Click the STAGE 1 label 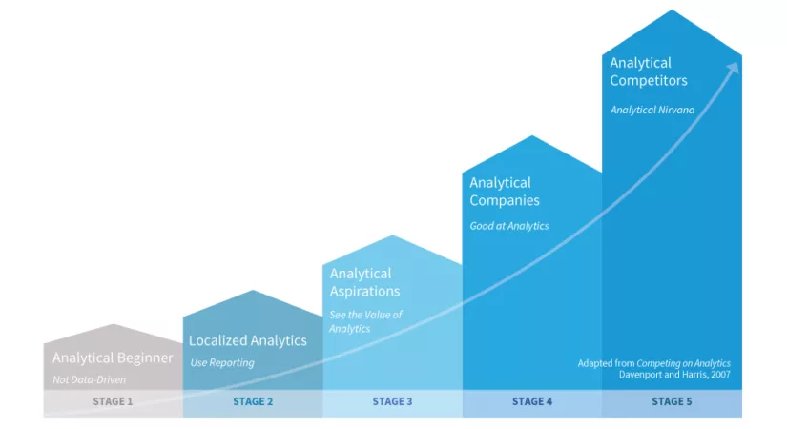pyautogui.click(x=113, y=402)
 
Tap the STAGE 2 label pyautogui.click(x=253, y=402)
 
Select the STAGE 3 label pyautogui.click(x=392, y=402)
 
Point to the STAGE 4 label pyautogui.click(x=532, y=402)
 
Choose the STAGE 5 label pyautogui.click(x=672, y=402)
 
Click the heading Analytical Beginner pyautogui.click(x=113, y=358)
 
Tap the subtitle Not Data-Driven pyautogui.click(x=89, y=380)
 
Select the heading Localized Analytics pyautogui.click(x=248, y=340)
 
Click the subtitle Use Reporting pyautogui.click(x=221, y=362)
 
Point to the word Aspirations pyautogui.click(x=364, y=292)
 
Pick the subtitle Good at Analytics pyautogui.click(x=508, y=226)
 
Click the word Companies pyautogui.click(x=505, y=201)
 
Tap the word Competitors pyautogui.click(x=649, y=81)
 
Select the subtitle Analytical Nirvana pyautogui.click(x=652, y=110)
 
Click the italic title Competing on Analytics pyautogui.click(x=683, y=362)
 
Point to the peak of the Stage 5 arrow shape pyautogui.click(x=673, y=10)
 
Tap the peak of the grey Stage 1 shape pyautogui.click(x=113, y=325)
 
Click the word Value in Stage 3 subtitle pyautogui.click(x=381, y=315)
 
